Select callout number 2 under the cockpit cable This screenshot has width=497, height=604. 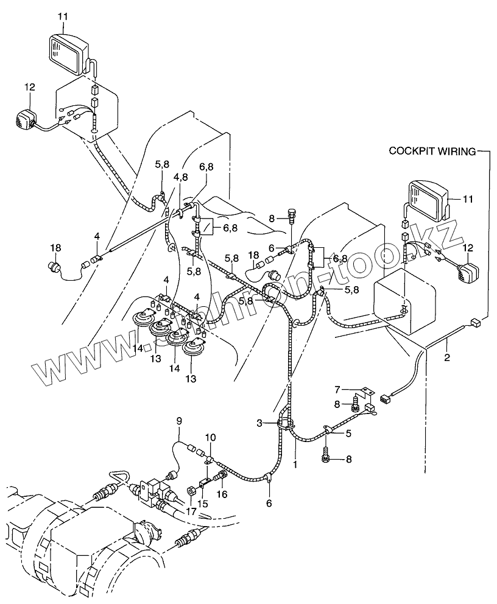coord(446,358)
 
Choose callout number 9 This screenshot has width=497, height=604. coord(179,420)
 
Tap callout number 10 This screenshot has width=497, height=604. coord(210,438)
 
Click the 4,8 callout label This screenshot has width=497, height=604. coord(180,177)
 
